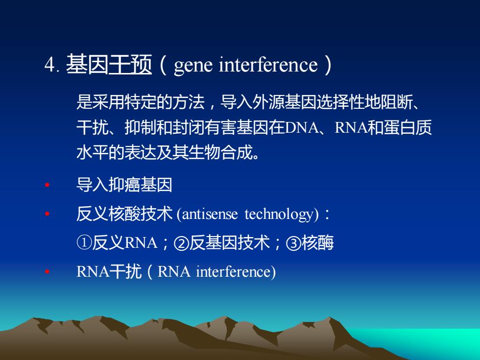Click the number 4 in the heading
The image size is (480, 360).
49,65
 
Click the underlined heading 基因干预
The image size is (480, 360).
109,64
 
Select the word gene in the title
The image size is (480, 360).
193,66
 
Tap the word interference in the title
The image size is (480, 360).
268,65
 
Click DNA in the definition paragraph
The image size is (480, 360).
302,128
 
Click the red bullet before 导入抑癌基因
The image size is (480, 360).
47,185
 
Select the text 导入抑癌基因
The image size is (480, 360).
124,185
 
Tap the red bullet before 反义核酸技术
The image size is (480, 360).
47,214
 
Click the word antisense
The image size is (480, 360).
210,214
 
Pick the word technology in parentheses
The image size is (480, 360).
282,215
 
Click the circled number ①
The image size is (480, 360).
84,243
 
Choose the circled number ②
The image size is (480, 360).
181,243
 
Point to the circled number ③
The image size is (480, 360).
293,243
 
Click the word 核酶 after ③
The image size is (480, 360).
317,243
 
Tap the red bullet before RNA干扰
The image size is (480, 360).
47,271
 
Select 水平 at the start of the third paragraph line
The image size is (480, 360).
93,152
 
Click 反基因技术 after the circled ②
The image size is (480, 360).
229,243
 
